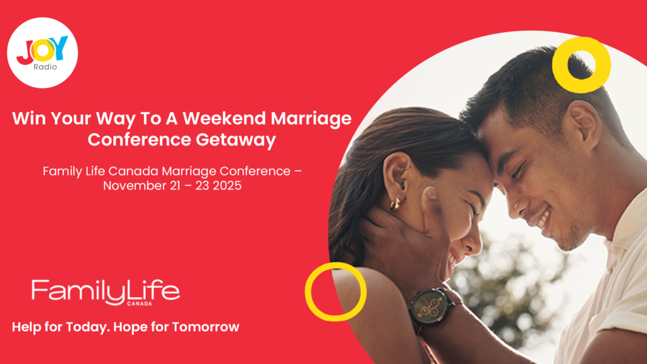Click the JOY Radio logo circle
[42, 53]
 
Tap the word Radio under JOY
[45, 67]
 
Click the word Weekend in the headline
[225, 118]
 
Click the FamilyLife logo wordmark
[106, 292]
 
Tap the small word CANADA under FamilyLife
[140, 304]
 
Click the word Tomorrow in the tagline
[205, 327]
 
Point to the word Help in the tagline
[27, 327]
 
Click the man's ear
[583, 124]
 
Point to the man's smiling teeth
[543, 217]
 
